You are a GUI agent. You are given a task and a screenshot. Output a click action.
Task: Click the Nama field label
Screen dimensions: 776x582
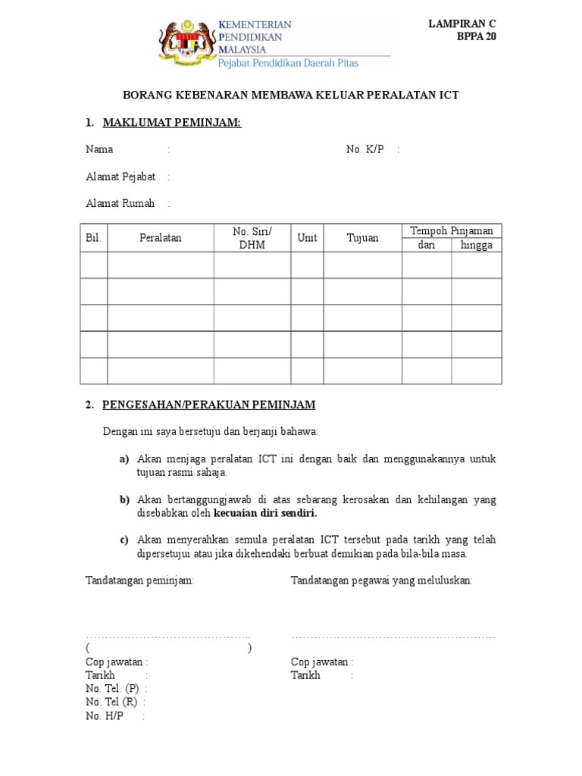tap(99, 149)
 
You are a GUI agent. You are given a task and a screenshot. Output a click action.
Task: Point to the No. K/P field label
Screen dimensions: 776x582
tap(365, 149)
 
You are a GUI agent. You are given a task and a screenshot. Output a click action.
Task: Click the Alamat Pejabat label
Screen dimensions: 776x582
tap(120, 177)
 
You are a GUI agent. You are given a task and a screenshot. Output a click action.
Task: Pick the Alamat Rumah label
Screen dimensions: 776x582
tap(120, 203)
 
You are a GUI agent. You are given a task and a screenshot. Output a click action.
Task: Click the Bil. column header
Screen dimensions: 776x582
tap(94, 238)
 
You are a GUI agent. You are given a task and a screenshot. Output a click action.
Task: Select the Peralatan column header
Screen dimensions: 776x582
tap(161, 238)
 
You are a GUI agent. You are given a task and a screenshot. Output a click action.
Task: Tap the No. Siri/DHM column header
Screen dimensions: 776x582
tap(252, 238)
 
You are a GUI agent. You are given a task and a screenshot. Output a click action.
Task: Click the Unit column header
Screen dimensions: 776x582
tap(307, 238)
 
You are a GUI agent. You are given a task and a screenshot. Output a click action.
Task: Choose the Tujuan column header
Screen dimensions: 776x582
tap(362, 238)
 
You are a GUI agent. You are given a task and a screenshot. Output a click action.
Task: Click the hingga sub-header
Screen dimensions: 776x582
tap(477, 245)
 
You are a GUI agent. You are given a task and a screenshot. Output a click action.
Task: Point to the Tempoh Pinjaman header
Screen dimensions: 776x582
tap(452, 230)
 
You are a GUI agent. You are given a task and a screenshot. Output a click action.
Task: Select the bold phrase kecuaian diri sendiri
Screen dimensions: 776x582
tap(266, 513)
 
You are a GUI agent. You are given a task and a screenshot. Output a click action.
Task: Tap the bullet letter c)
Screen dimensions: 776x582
tap(124, 540)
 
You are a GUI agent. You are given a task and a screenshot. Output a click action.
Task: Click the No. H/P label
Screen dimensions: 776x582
tap(105, 715)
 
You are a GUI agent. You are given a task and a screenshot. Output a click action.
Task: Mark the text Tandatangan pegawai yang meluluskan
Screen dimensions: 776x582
tap(382, 580)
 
